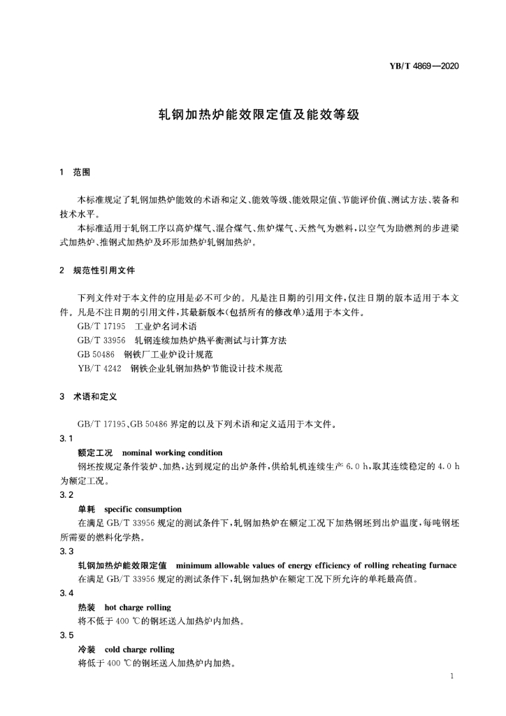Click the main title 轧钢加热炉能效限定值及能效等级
[x=253, y=115]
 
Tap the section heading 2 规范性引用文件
[x=97, y=270]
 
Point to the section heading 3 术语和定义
[x=87, y=396]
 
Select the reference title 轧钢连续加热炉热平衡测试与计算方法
[x=211, y=340]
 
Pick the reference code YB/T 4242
[x=99, y=367]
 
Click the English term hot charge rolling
[x=138, y=607]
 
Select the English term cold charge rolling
[x=139, y=649]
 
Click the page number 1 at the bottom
[x=454, y=676]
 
